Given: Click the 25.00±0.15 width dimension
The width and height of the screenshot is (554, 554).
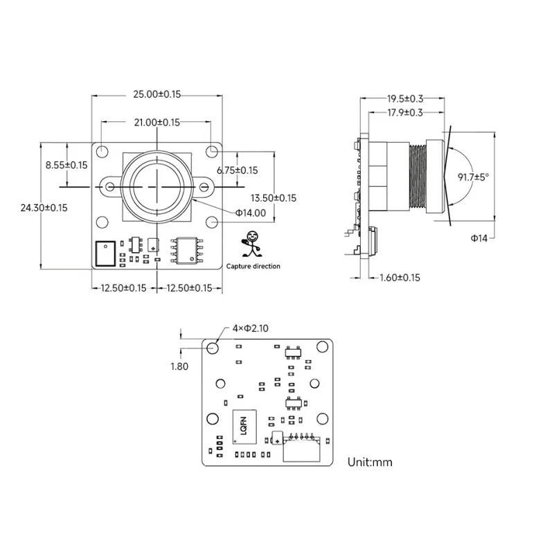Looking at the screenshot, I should click(157, 93).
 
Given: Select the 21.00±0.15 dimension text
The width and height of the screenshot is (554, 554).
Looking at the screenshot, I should click(157, 122).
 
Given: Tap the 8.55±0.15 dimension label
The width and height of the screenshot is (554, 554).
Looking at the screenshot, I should click(66, 165).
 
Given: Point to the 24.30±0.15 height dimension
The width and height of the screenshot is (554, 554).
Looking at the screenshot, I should click(44, 208).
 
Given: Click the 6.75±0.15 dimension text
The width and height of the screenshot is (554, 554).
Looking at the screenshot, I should click(237, 170).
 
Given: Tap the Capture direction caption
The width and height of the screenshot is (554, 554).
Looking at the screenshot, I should click(253, 267).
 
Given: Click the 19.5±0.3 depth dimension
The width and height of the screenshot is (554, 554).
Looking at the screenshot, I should click(404, 98).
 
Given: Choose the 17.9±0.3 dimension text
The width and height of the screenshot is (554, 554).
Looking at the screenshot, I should click(404, 112).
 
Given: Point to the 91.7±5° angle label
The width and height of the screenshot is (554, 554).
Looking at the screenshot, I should click(473, 177).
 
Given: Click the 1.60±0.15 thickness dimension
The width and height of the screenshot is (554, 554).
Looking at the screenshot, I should click(400, 278).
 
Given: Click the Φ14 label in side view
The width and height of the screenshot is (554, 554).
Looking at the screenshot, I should click(479, 238).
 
